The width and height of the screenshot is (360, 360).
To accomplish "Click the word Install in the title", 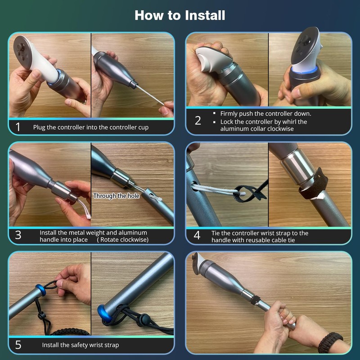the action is [x=205, y=15].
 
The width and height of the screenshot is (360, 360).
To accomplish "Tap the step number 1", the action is [x=18, y=127].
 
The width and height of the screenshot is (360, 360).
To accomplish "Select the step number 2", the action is [x=198, y=121].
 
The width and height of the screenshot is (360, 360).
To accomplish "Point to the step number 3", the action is [x=18, y=235].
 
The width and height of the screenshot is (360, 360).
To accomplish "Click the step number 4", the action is [x=197, y=235].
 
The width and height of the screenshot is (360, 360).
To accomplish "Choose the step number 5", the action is [x=18, y=345].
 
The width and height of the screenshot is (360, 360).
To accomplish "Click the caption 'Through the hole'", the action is [x=116, y=196].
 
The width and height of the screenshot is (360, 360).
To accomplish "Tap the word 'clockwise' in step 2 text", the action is [x=280, y=129].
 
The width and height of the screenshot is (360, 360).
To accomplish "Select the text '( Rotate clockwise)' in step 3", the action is [x=122, y=240].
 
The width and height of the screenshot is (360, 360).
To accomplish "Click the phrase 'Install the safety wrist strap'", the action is [x=81, y=345].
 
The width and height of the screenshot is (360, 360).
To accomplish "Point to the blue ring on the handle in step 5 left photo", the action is [x=40, y=290].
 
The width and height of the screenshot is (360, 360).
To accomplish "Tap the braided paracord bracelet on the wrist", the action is [x=330, y=342].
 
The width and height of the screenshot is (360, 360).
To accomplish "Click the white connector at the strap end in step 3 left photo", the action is [x=88, y=216].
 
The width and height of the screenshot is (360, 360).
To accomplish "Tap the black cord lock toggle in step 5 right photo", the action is [x=145, y=319].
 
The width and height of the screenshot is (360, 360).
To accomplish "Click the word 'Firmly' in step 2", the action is [x=229, y=114].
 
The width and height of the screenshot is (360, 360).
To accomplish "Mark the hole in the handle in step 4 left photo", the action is [x=194, y=186].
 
